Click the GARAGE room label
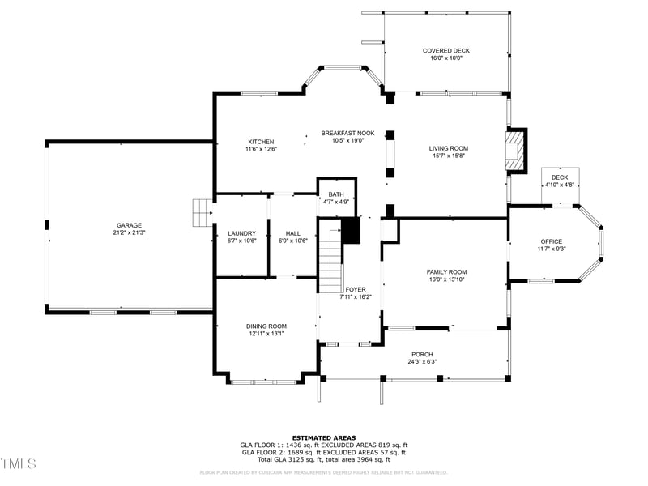click(129, 225)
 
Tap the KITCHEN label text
click(261, 142)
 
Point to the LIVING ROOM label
click(449, 148)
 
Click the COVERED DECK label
click(446, 50)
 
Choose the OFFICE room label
click(552, 241)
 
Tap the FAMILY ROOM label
click(446, 272)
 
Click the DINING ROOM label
click(266, 326)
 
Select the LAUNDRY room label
click(241, 232)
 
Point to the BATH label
click(335, 194)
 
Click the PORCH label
click(422, 354)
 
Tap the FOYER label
click(356, 289)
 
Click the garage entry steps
click(201, 213)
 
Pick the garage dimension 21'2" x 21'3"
click(129, 232)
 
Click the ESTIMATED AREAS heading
click(323, 437)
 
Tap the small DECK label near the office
click(559, 177)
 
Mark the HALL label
click(292, 232)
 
